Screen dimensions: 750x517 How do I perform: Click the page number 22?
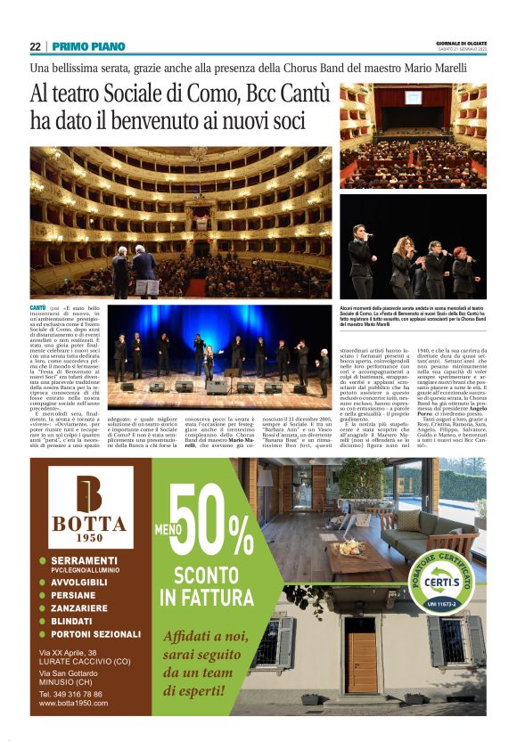click(36, 46)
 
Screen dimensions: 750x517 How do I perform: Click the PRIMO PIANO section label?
click(88, 46)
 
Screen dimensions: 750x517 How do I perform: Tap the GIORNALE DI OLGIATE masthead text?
click(462, 43)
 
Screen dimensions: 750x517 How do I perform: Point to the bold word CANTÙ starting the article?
click(40, 307)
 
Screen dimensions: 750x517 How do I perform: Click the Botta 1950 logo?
click(89, 506)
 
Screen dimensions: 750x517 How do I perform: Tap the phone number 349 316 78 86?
click(70, 693)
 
